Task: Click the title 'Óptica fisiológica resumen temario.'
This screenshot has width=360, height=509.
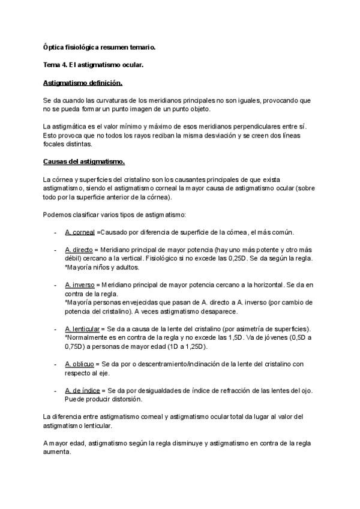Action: coord(99,46)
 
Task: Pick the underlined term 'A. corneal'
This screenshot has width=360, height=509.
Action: coord(80,232)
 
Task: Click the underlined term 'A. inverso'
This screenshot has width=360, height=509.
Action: coord(80,286)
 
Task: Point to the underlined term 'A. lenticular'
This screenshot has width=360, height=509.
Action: coord(83,330)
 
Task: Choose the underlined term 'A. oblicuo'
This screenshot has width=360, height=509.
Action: coord(80,364)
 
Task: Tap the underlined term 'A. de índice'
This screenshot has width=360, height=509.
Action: coord(82,391)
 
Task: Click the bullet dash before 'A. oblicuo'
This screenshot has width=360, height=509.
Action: coord(55,364)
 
